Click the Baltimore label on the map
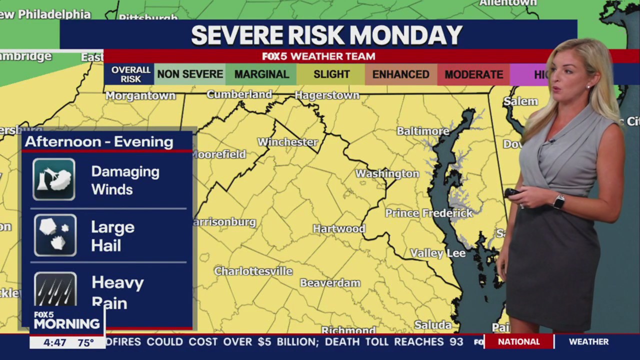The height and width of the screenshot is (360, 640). click(x=423, y=131)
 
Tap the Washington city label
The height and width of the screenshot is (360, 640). click(x=387, y=173)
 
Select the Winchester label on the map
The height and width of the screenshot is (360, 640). click(x=287, y=142)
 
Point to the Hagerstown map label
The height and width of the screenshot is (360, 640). click(x=327, y=95)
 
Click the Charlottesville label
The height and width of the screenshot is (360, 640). click(x=253, y=271)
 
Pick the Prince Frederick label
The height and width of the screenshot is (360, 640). click(x=428, y=213)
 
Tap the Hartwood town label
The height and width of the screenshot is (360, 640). click(x=339, y=228)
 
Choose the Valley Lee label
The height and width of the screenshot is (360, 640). click(x=437, y=253)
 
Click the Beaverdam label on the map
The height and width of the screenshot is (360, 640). click(x=330, y=283)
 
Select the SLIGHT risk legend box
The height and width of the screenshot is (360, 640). click(x=331, y=74)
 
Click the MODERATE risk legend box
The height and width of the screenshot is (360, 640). click(x=473, y=74)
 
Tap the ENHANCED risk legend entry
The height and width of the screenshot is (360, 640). click(x=400, y=74)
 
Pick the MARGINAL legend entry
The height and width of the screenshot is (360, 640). click(x=261, y=74)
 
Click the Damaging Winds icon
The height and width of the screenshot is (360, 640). click(x=54, y=179)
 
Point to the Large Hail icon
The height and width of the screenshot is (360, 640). click(x=55, y=235)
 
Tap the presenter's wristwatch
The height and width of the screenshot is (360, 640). click(x=559, y=201)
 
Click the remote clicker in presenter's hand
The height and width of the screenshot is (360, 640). click(x=512, y=193)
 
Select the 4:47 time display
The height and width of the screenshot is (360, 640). click(x=54, y=343)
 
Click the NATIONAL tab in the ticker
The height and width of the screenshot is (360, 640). click(x=518, y=342)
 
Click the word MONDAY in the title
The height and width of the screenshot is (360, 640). click(x=405, y=35)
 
